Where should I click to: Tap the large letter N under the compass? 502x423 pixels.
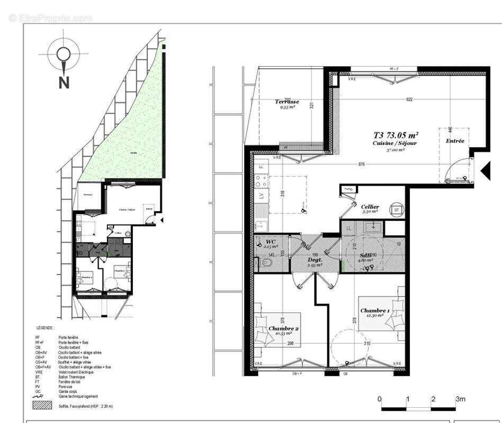(x=64, y=82)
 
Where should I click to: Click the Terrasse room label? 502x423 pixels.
(x=287, y=102)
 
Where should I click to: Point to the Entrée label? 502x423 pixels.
(x=454, y=141)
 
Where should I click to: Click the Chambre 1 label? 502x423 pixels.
(x=375, y=310)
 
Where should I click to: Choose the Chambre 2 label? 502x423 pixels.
(x=283, y=328)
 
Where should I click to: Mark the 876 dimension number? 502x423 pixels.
(x=362, y=164)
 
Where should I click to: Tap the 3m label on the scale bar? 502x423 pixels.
(x=461, y=399)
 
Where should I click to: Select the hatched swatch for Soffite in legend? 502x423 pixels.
(x=43, y=406)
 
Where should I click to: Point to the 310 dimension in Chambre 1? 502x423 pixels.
(x=367, y=344)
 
